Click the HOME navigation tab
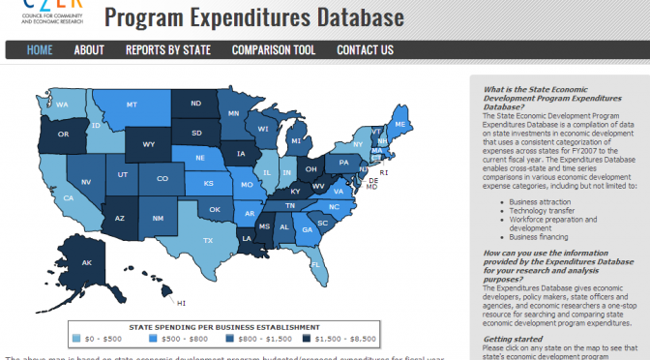coord(40,50)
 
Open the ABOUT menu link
coord(89,50)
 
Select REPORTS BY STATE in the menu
coord(167,50)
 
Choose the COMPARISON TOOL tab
coord(274,50)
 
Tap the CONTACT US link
coord(365,50)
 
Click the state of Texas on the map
coord(207,240)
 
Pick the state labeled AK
coord(86,262)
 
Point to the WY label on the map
coord(149,144)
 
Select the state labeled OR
coord(64,135)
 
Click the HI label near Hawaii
coord(181,302)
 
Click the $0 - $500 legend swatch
coord(76,340)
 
